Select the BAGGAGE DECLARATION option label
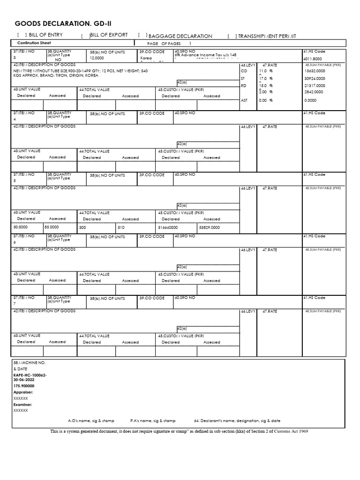tap(180, 36)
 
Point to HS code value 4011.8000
tap(313, 59)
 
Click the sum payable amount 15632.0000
tap(314, 70)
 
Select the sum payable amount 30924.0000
tap(314, 78)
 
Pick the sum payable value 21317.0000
tap(314, 86)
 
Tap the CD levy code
tap(243, 70)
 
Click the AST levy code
tap(244, 100)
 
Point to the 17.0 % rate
tap(265, 78)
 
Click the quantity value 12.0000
tap(97, 59)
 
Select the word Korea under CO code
tap(146, 59)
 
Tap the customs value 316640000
tap(168, 227)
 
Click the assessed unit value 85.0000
tap(52, 227)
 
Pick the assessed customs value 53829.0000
tap(209, 227)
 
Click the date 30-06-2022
tap(24, 380)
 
